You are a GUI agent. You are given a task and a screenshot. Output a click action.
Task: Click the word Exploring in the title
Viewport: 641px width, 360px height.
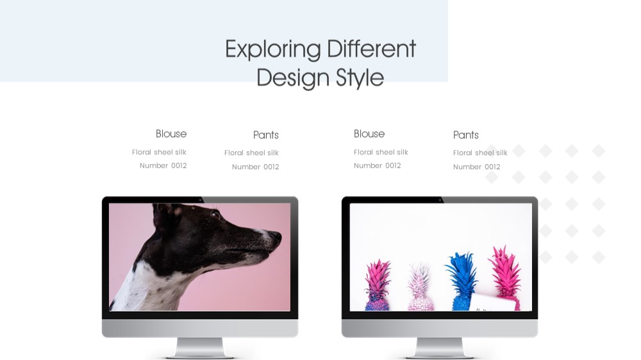(x=273, y=50)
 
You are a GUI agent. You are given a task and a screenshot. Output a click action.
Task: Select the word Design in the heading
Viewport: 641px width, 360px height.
(x=293, y=78)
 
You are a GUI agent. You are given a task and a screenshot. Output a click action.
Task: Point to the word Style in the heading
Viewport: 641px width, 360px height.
(x=360, y=78)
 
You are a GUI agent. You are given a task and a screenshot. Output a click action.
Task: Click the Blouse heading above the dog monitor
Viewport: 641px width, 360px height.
(x=171, y=134)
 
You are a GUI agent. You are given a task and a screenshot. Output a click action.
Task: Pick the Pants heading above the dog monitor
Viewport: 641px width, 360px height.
(x=266, y=135)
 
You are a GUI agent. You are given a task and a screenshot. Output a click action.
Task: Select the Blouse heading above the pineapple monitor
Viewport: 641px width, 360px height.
(x=369, y=134)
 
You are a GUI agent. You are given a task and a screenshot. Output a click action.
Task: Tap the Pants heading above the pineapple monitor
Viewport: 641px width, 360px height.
(x=465, y=135)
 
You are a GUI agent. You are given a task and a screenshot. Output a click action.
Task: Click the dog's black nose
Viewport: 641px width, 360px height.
(x=275, y=236)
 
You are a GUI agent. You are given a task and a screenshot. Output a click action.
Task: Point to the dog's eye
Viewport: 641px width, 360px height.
(x=215, y=214)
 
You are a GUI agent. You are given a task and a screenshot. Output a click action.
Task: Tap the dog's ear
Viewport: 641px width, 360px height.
(x=165, y=211)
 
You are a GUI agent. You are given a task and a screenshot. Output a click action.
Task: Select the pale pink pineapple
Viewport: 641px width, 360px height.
(x=420, y=287)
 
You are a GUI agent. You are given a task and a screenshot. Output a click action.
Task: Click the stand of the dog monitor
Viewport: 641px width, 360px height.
(x=200, y=348)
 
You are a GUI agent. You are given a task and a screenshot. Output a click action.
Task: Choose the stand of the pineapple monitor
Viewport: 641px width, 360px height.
(x=440, y=348)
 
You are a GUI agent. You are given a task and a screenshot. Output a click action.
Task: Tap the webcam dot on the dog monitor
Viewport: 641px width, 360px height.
(x=200, y=200)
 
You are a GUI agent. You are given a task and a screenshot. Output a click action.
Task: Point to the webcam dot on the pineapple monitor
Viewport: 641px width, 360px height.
(x=440, y=200)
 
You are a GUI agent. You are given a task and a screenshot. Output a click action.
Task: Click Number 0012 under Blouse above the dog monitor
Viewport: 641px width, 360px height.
(x=163, y=165)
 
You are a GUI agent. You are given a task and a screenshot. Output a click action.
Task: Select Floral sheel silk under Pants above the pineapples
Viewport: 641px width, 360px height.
(x=480, y=153)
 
